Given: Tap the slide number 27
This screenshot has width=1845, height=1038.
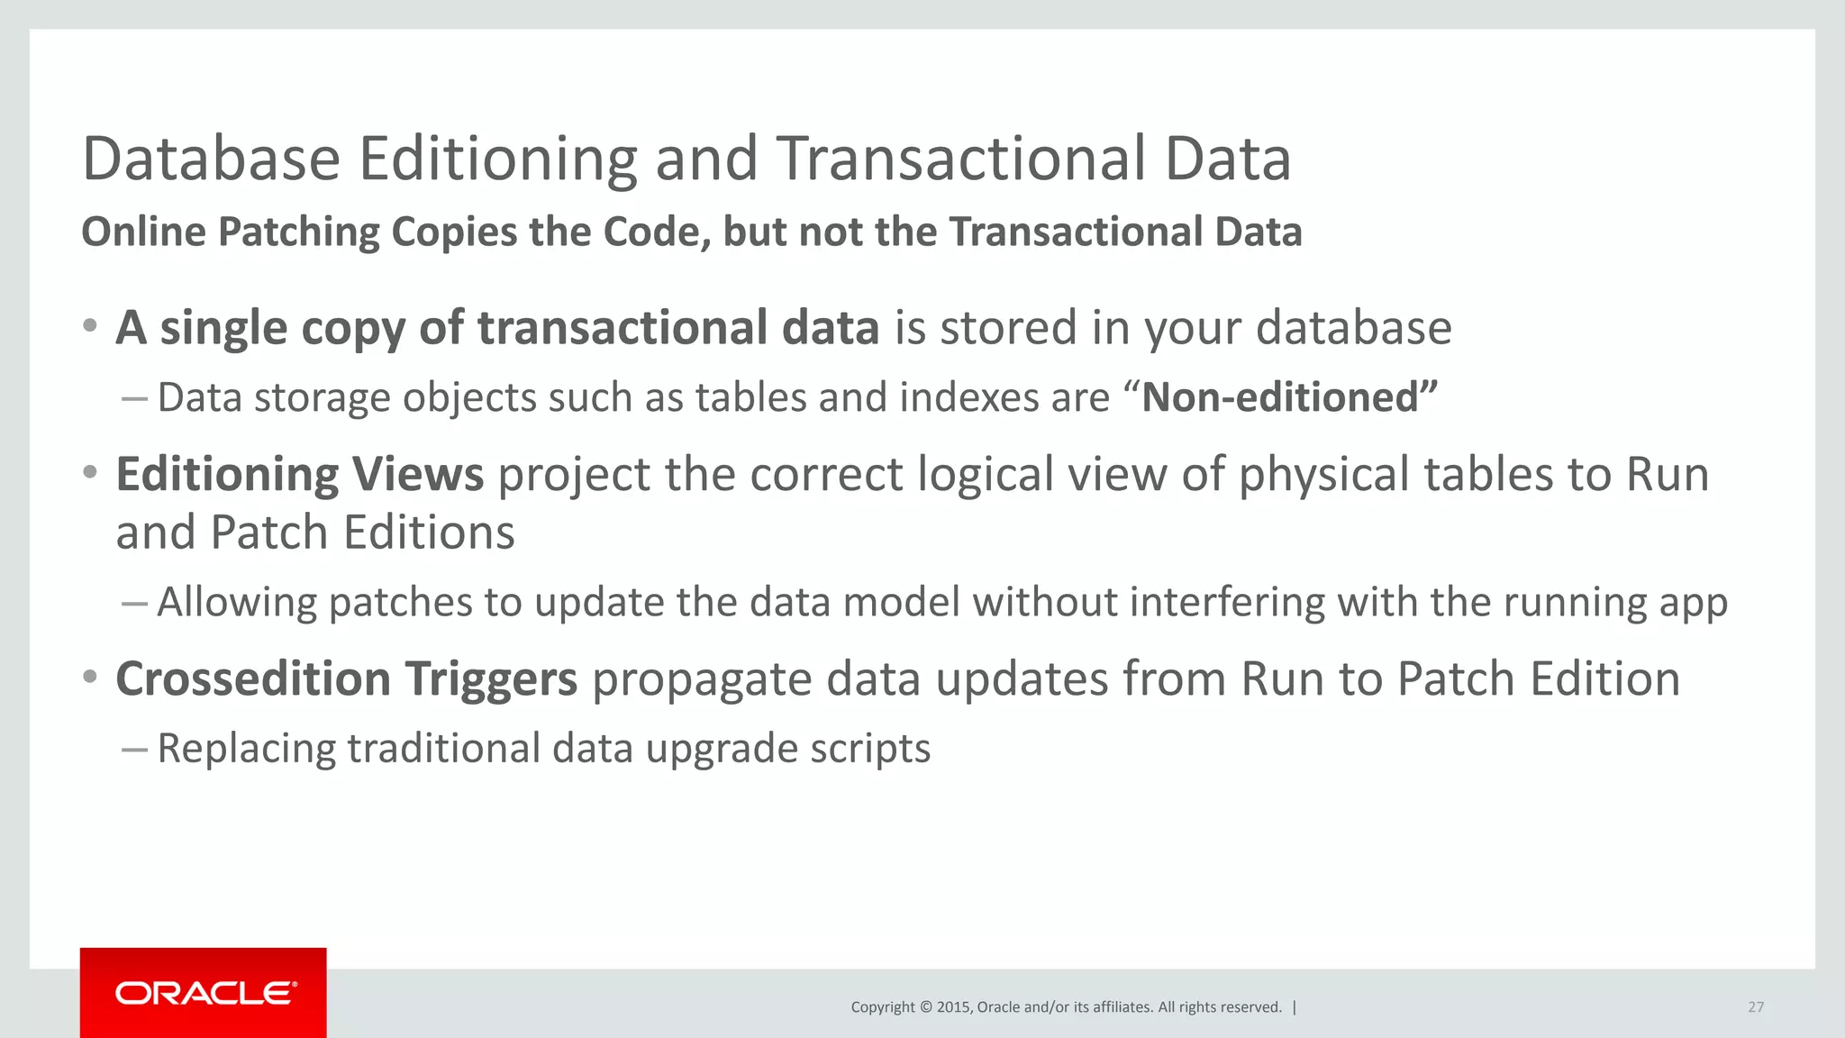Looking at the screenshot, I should [1755, 1007].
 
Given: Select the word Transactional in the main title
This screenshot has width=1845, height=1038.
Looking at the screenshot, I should [961, 159].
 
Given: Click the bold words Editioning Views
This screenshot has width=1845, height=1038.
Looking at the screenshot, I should [299, 474].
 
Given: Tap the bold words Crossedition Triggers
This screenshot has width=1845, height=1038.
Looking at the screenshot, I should [346, 678].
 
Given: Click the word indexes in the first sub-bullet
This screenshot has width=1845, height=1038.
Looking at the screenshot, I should [959, 397].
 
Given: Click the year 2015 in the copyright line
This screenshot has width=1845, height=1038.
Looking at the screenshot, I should [953, 1007].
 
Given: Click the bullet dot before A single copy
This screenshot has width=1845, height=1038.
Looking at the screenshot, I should [89, 325].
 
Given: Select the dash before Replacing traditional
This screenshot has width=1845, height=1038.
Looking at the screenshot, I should [133, 749].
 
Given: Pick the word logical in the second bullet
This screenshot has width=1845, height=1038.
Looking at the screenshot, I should [986, 474].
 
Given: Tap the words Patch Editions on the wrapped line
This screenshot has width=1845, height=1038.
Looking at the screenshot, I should [362, 533].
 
